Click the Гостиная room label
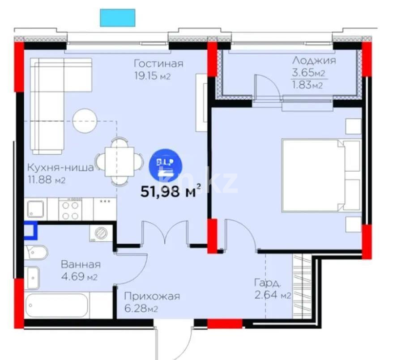point(159,64)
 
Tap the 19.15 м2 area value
point(153,76)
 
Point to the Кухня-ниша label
point(60,168)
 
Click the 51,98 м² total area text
point(169,192)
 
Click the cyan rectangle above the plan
point(117,17)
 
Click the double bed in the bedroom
point(320,175)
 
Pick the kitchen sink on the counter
point(35,209)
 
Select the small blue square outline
point(30,230)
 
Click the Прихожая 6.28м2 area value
point(141,309)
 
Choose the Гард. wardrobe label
point(268,283)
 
